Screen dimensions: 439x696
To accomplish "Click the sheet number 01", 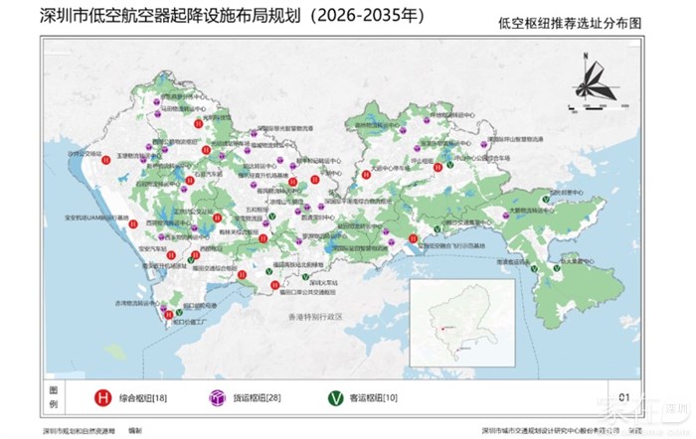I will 623,397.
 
